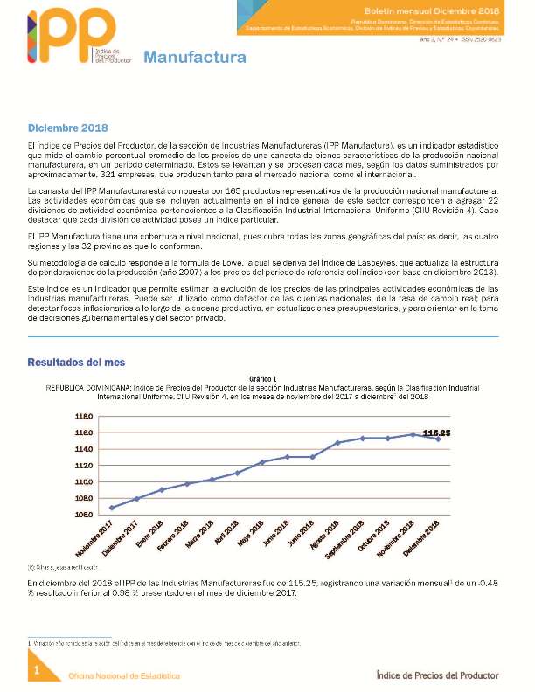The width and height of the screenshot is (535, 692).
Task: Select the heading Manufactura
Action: [x=194, y=59]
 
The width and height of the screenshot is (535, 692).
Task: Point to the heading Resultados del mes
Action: [x=75, y=360]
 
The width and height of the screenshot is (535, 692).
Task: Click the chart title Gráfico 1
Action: [x=262, y=379]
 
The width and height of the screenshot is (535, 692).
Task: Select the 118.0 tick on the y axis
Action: [x=83, y=416]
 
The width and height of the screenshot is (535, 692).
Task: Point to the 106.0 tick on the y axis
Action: [x=83, y=515]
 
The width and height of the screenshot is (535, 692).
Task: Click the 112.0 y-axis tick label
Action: [x=83, y=466]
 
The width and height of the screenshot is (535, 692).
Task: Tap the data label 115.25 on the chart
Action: [x=435, y=432]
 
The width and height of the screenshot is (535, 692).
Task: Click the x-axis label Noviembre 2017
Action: [x=94, y=540]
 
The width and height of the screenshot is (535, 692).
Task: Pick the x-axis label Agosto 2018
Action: [x=323, y=537]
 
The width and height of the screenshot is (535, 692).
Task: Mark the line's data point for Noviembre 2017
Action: [x=111, y=508]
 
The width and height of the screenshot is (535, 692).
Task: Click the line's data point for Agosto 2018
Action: [x=337, y=443]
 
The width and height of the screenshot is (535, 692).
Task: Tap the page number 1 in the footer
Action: [x=36, y=670]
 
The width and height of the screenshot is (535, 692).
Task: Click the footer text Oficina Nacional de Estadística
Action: [x=125, y=675]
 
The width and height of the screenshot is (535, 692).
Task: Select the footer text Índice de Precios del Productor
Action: [x=437, y=675]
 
